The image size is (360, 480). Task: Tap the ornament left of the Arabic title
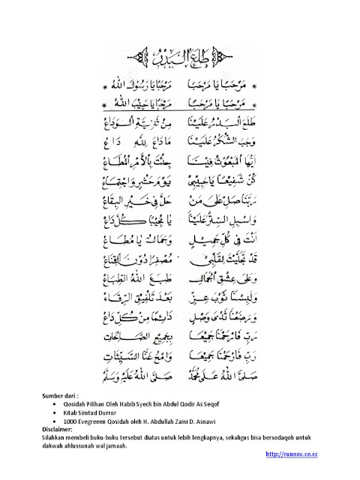coord(142,56)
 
